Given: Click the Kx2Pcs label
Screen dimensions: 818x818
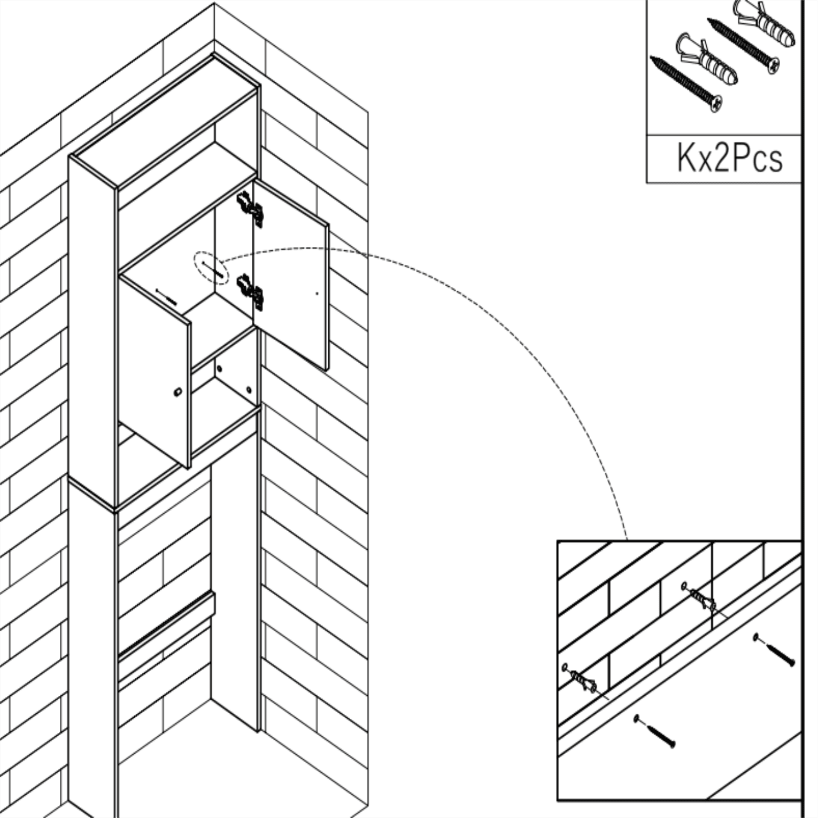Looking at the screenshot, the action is click(730, 158).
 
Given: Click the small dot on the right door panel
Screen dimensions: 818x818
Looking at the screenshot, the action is click(317, 293).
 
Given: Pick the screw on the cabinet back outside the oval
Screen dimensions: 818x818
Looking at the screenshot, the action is click(167, 297).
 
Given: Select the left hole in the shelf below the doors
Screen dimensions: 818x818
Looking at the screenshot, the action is click(219, 370).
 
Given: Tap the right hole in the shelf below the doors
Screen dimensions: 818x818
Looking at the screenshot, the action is click(249, 390).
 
